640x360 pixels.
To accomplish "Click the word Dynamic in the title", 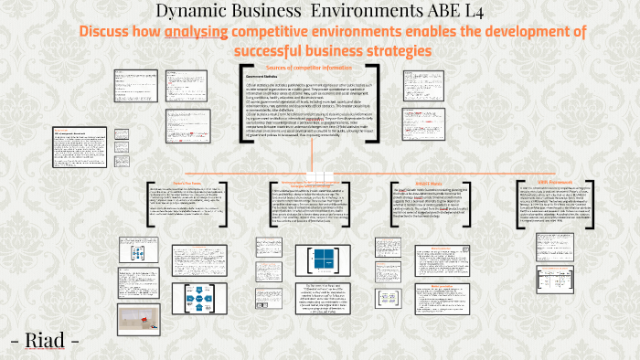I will (197, 11).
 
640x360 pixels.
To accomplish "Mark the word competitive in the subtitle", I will (285, 32).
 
